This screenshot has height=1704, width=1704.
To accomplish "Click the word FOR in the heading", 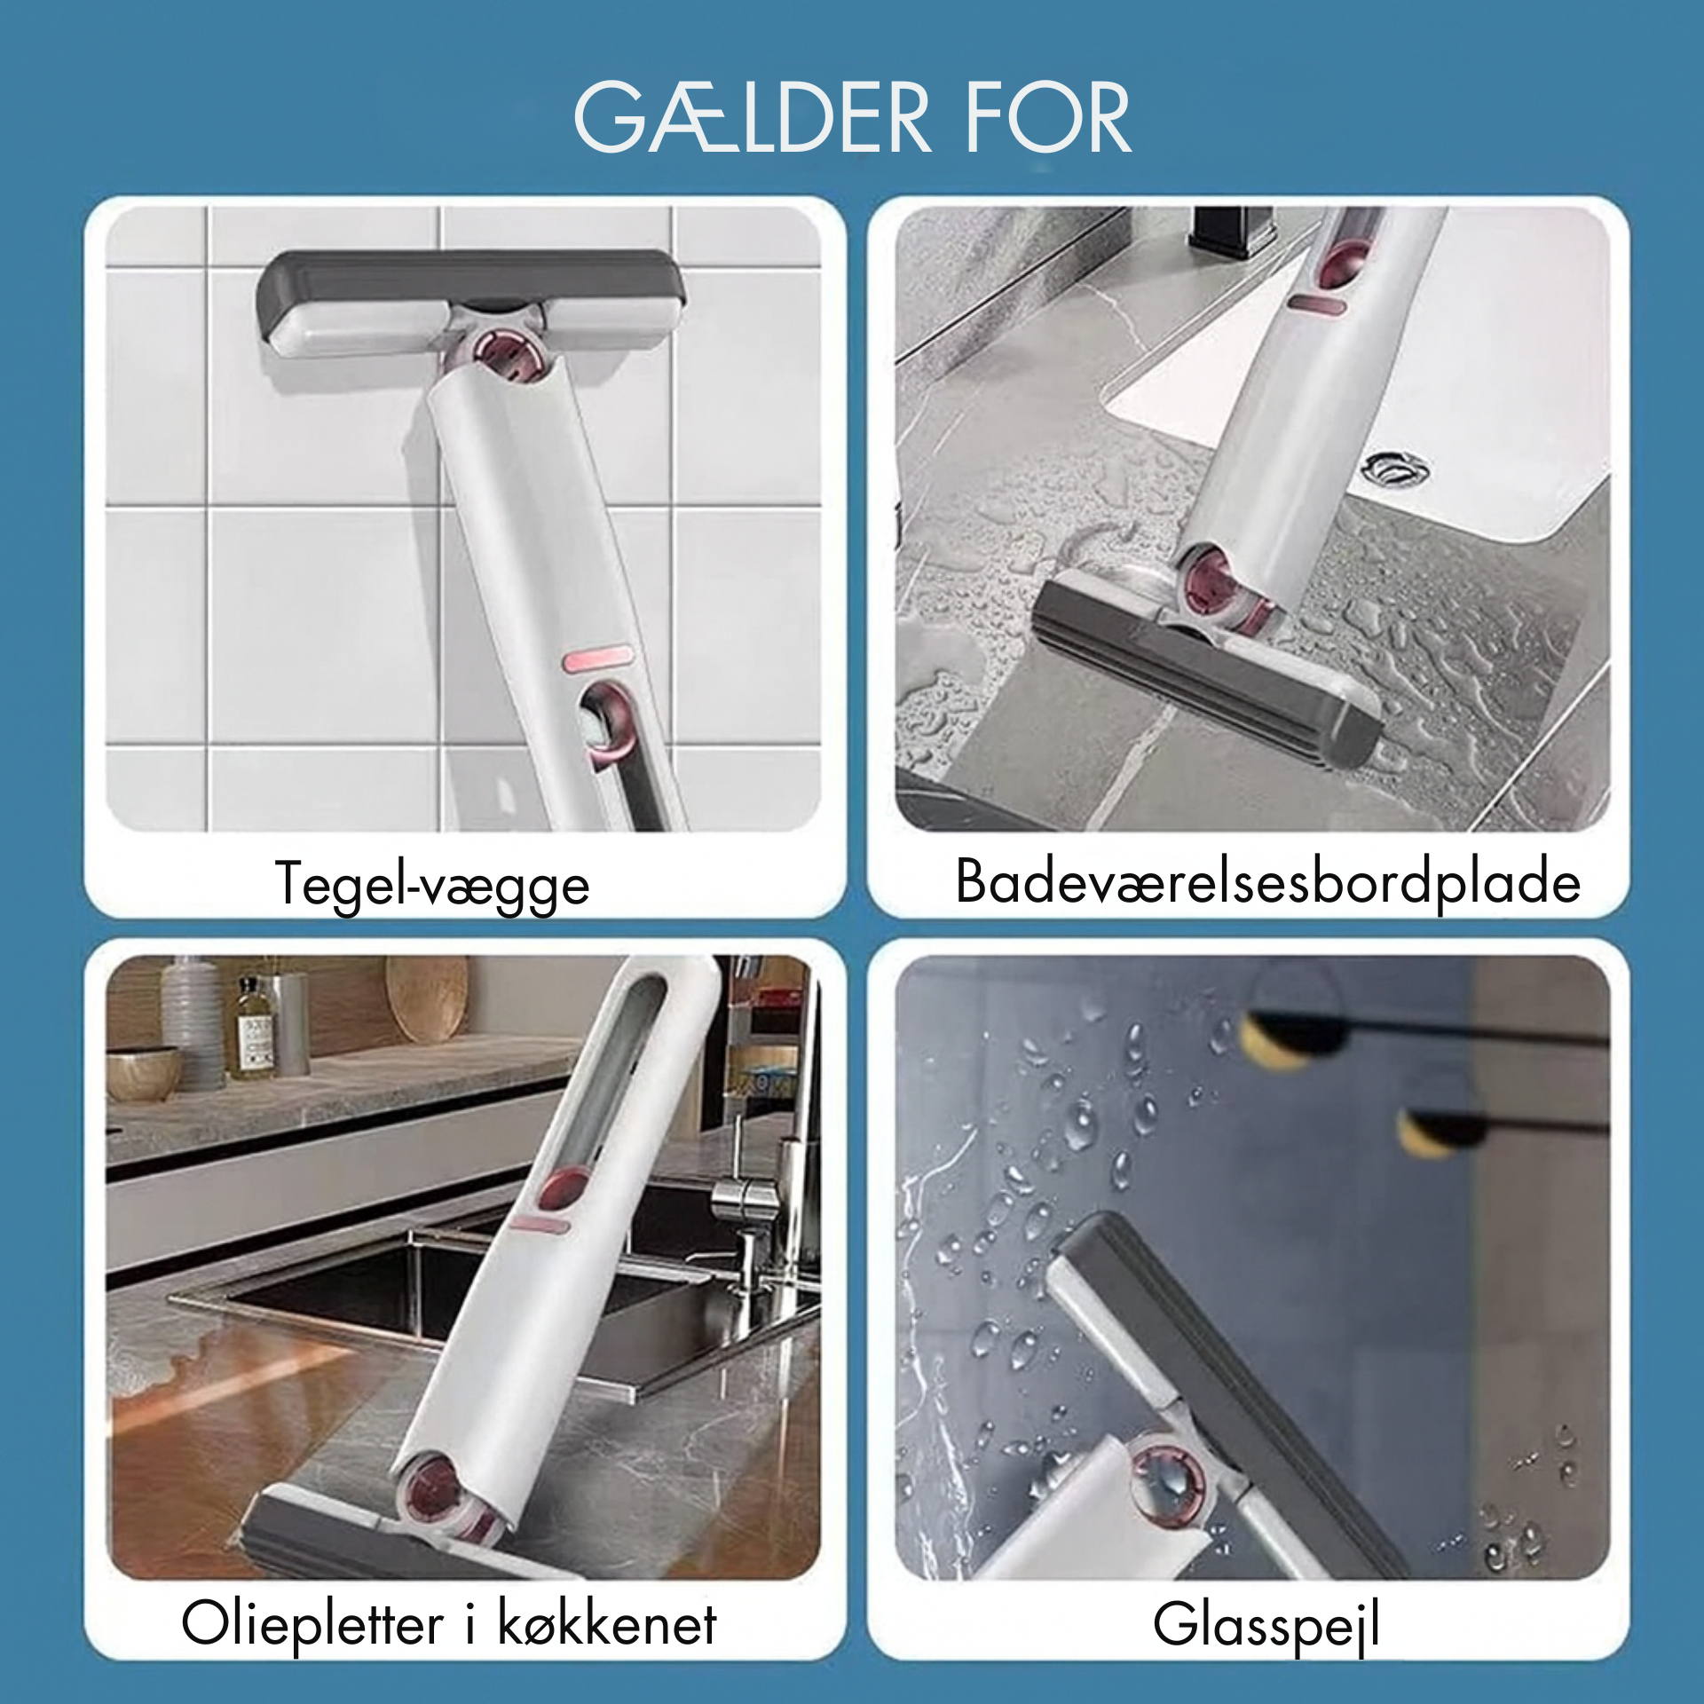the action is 1048,117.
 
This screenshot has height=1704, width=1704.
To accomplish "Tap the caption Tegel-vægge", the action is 432,885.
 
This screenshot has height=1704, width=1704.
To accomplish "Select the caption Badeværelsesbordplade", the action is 1268,883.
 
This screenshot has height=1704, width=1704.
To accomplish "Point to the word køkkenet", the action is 606,1623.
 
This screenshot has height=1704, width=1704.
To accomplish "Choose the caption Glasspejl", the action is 1266,1626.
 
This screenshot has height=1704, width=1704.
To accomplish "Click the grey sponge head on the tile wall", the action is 471,302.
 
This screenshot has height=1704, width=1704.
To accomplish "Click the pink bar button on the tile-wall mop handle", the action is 596,658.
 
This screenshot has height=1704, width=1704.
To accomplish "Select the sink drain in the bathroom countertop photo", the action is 1395,468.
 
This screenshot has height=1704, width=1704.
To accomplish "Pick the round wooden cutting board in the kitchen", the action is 428,996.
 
